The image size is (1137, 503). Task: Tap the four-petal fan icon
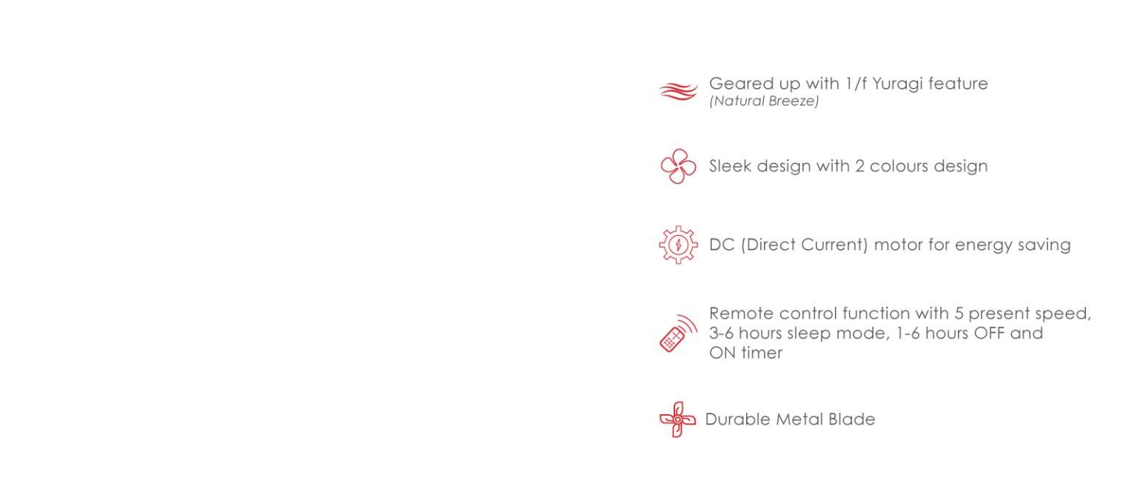pos(678,166)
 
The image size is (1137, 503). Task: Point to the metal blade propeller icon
pos(677,419)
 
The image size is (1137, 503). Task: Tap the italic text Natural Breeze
pos(764,102)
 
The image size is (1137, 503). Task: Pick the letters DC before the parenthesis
pos(721,245)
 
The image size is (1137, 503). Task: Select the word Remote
pos(736,314)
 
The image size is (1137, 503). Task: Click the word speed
pos(1063,314)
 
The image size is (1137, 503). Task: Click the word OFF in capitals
pos(989,334)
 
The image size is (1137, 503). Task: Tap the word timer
pos(762,354)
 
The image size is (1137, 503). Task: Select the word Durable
pos(737,419)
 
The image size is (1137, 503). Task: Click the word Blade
pos(853,419)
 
